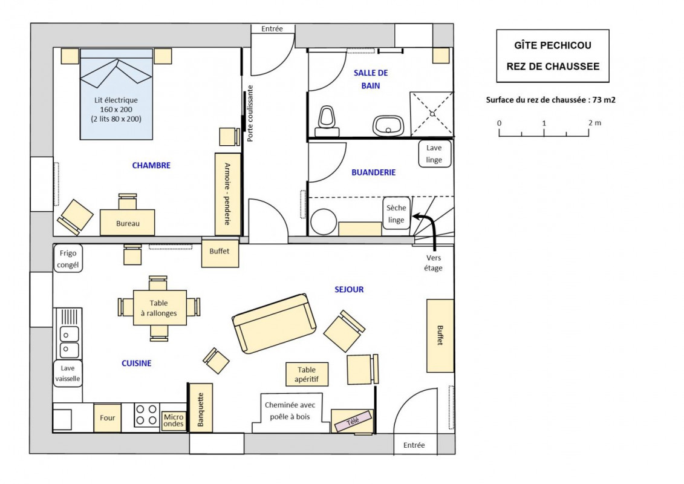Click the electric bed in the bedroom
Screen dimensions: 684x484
(x=116, y=94)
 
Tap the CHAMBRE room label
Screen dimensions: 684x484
(x=151, y=165)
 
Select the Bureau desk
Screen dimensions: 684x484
(x=128, y=223)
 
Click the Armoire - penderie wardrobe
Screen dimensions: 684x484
(x=228, y=194)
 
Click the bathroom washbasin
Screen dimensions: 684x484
(x=388, y=126)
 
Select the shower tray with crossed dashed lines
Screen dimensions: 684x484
(x=431, y=114)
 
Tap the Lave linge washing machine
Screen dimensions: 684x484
(x=434, y=154)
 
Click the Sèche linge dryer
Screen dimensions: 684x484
(x=396, y=214)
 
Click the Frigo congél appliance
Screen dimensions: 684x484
(x=68, y=259)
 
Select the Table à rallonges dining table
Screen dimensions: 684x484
(x=159, y=308)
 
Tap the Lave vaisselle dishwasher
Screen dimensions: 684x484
(x=68, y=373)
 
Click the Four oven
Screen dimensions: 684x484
(x=107, y=417)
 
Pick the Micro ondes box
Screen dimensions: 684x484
(x=174, y=420)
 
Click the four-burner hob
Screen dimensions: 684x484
(x=146, y=414)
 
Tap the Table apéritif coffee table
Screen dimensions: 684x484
(x=307, y=374)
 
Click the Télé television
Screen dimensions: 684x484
(x=353, y=422)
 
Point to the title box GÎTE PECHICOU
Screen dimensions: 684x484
(x=553, y=56)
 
